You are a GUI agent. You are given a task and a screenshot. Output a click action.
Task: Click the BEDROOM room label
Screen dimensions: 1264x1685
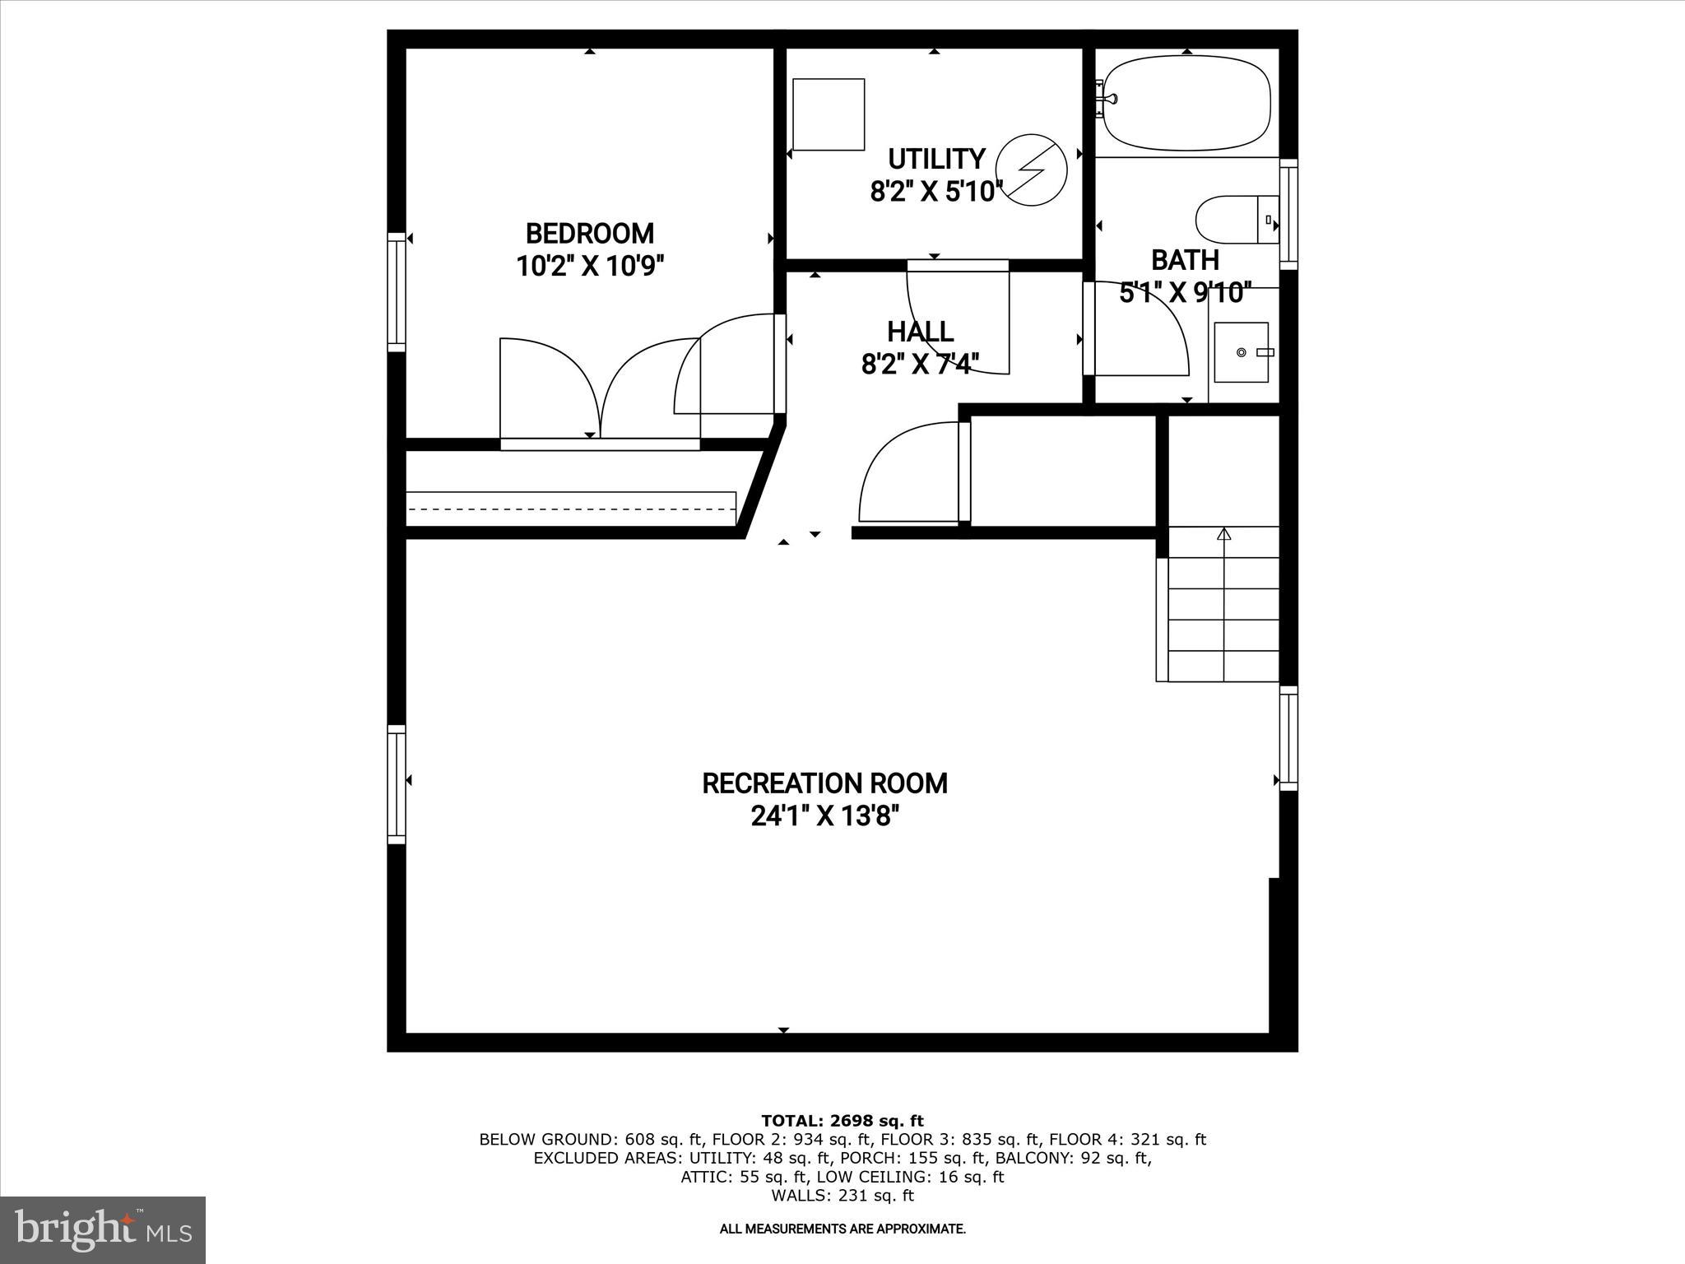589,234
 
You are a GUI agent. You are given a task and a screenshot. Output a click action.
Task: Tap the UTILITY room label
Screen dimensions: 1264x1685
936,158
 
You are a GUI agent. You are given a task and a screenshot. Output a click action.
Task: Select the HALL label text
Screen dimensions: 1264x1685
920,332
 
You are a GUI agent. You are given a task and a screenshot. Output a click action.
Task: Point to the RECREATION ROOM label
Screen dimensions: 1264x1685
824,783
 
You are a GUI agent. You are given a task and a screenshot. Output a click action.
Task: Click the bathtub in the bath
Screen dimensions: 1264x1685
1186,103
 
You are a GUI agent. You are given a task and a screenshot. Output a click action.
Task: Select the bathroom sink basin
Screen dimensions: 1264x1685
1242,352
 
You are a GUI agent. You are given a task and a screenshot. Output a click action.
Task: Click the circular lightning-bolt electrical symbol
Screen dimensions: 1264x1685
1032,169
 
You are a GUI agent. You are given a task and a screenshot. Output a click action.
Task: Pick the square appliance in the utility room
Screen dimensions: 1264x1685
829,114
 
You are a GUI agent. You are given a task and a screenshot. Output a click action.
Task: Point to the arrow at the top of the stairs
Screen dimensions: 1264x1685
1223,534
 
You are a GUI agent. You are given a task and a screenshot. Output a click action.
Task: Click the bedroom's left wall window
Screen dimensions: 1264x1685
397,292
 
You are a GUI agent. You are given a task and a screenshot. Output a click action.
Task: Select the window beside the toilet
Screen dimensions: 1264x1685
1288,214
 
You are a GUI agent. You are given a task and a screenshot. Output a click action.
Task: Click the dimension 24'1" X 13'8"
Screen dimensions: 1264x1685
824,816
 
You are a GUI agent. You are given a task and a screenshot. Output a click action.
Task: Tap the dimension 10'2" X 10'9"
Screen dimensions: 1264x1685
589,267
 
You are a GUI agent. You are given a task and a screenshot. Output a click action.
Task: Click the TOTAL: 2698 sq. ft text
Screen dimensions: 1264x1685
842,1121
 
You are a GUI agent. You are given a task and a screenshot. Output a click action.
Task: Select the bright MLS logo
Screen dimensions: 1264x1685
103,1229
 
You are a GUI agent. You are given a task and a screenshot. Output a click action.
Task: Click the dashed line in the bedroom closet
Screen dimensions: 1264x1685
571,509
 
